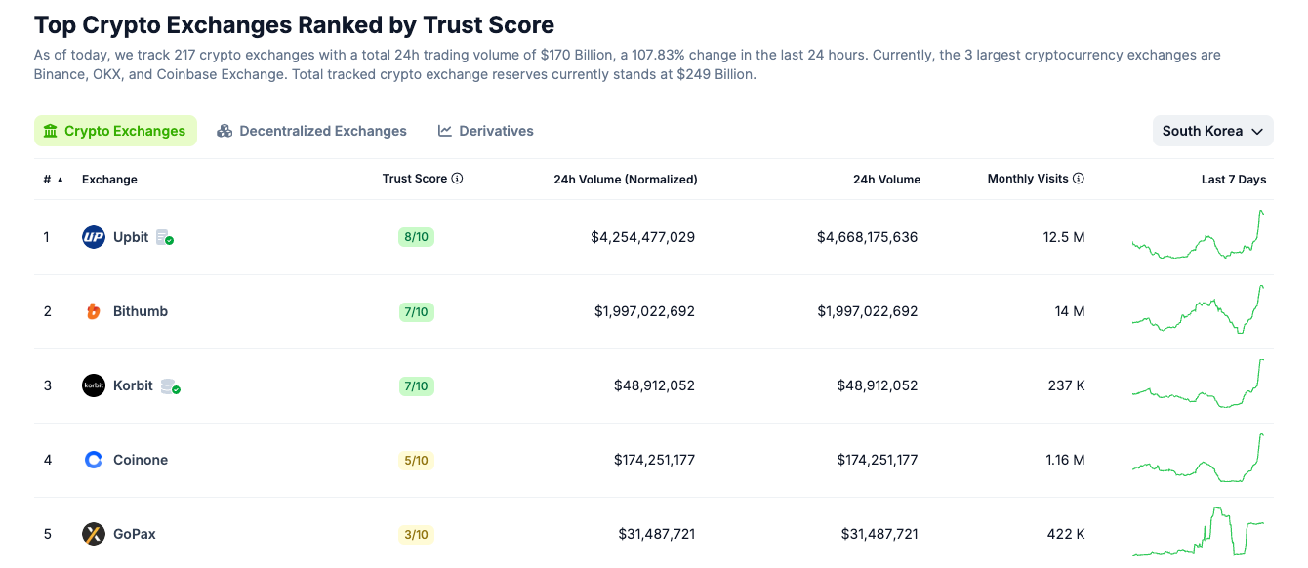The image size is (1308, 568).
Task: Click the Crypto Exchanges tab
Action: (x=115, y=131)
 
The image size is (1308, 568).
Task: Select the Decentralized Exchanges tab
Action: (x=311, y=131)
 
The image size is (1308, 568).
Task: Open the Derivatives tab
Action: (x=486, y=131)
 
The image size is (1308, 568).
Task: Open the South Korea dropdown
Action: (x=1212, y=131)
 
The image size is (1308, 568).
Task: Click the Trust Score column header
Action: (x=414, y=179)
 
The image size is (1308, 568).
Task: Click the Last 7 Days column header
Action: (x=1233, y=180)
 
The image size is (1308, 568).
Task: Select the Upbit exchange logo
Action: (x=94, y=237)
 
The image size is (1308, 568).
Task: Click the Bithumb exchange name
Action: (x=141, y=311)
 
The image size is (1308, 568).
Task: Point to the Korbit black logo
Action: (x=94, y=385)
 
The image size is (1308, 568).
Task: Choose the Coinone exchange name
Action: (x=141, y=460)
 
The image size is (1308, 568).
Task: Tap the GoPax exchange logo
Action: (x=94, y=534)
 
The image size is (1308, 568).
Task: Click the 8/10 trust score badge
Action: (x=416, y=237)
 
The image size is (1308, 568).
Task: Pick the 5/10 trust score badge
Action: (x=416, y=460)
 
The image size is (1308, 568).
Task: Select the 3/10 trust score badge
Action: (x=416, y=534)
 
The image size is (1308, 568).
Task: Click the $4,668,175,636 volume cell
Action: (x=867, y=237)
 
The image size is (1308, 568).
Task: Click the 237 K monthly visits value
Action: (x=1066, y=385)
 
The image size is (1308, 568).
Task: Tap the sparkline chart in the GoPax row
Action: (x=1198, y=532)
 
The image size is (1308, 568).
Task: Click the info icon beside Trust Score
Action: (x=457, y=179)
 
